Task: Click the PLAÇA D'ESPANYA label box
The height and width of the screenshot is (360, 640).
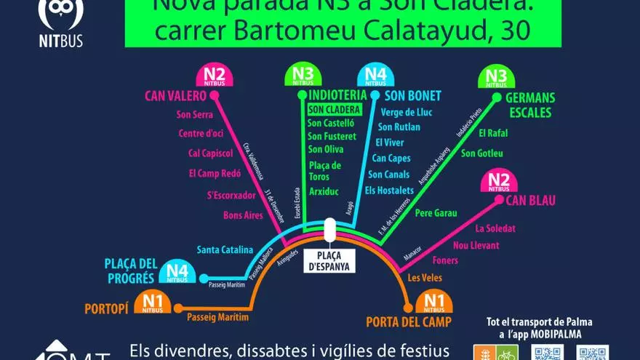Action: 329,261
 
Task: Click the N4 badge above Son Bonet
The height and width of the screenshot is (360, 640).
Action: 375,76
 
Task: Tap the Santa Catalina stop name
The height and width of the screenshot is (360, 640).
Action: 225,249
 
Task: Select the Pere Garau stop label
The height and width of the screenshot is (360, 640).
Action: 436,213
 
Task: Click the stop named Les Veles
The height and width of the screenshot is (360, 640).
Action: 425,278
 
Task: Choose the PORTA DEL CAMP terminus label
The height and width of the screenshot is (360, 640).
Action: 409,322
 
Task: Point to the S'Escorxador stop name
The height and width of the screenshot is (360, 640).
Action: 231,195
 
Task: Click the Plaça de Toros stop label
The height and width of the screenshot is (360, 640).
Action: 324,171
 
